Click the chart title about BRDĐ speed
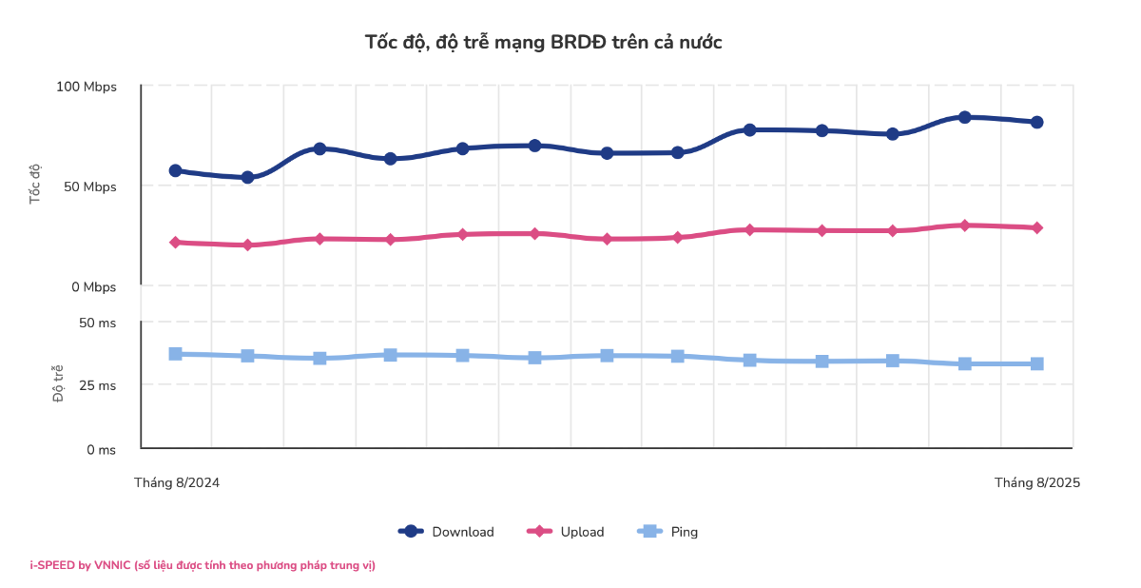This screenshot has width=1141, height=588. pyautogui.click(x=544, y=42)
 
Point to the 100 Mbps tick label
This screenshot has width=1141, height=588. pyautogui.click(x=87, y=87)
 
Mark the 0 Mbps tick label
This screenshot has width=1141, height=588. pyautogui.click(x=92, y=286)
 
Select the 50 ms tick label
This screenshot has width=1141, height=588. pyautogui.click(x=97, y=323)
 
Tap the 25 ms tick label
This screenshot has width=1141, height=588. pyautogui.click(x=97, y=385)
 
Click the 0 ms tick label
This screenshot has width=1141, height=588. pyautogui.click(x=101, y=449)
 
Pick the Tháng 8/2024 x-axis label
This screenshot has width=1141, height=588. pyautogui.click(x=177, y=482)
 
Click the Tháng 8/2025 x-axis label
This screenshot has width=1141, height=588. pyautogui.click(x=1037, y=482)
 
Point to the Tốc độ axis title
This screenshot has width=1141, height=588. pyautogui.click(x=36, y=184)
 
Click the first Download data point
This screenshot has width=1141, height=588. pyautogui.click(x=176, y=170)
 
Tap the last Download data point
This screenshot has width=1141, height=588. pyautogui.click(x=1037, y=122)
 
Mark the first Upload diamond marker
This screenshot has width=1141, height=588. pyautogui.click(x=176, y=243)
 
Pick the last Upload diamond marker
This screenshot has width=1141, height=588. pyautogui.click(x=1037, y=227)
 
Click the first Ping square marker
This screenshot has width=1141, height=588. pyautogui.click(x=176, y=354)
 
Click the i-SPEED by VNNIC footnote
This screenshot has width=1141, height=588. pyautogui.click(x=203, y=565)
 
